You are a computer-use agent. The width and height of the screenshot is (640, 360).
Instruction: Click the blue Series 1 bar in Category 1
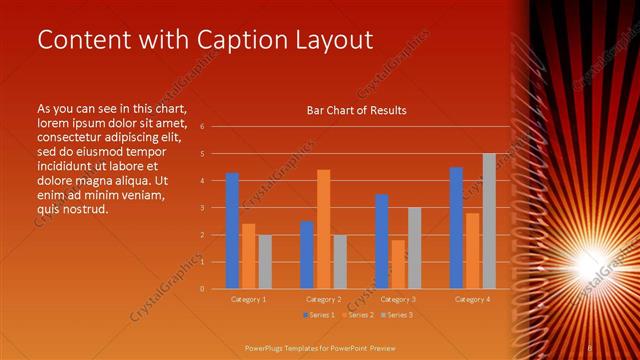pos(232,231)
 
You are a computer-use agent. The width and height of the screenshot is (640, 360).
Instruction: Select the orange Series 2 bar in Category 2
pos(323,229)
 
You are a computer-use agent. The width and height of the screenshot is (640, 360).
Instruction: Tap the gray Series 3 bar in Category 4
pos(489,221)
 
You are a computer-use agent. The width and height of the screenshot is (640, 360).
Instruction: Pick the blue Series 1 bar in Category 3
pos(381,241)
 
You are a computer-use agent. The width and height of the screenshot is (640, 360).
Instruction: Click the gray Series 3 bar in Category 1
pos(265,262)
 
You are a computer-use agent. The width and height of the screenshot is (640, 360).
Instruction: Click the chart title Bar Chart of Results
pos(356,110)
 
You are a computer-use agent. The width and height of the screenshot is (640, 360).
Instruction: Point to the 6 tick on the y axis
pos(202,127)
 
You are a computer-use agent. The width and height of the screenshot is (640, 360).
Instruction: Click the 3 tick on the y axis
pos(202,208)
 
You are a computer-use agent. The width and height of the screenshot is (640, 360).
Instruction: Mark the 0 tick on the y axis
pos(202,289)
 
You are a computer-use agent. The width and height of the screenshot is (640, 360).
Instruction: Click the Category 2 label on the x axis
pos(323,299)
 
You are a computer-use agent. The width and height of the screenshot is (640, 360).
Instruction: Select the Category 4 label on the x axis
pos(473,299)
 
